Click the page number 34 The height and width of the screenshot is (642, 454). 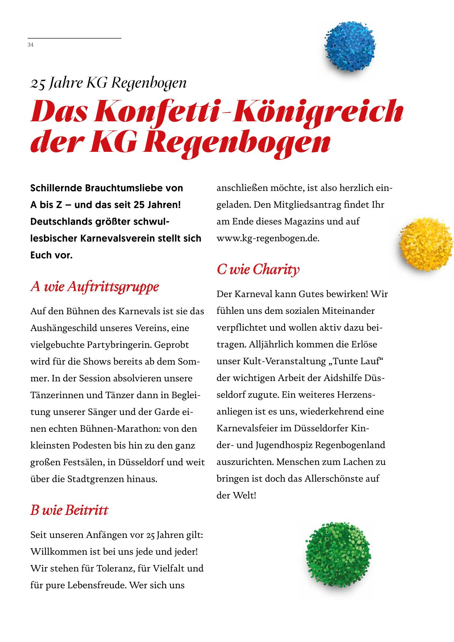coord(31,45)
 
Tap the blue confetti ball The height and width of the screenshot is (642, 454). coord(350,47)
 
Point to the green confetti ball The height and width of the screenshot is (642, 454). coord(338,554)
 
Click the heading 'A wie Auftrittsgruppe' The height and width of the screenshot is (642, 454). coord(95,286)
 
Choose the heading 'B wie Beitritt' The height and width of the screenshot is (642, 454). coord(69,510)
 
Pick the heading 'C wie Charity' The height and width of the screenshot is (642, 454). coord(258,269)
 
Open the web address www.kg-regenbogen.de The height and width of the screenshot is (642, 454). coord(268,238)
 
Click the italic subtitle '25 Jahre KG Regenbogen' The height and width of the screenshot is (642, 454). coord(108,83)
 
